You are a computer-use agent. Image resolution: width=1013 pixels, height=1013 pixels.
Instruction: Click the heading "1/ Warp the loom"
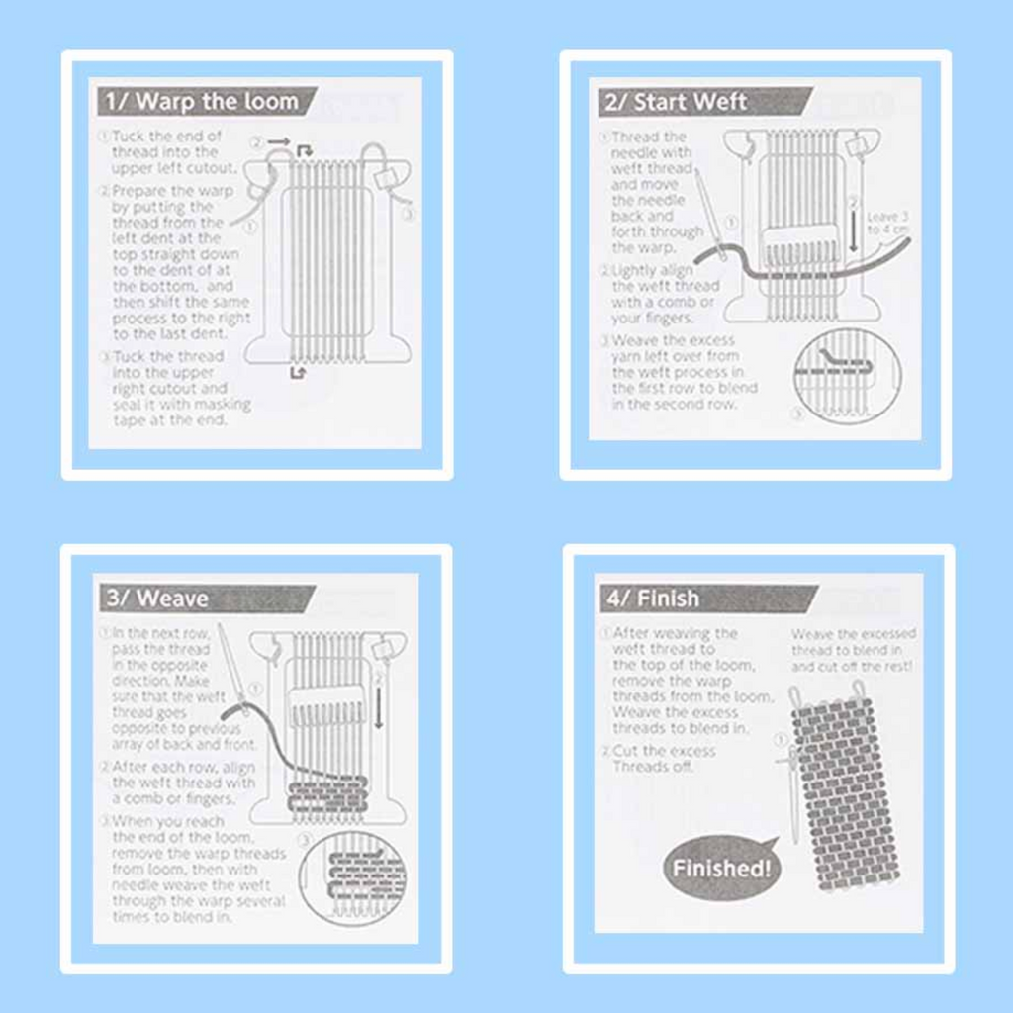click(216, 102)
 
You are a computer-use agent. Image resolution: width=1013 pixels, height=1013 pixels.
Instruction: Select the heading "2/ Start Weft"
click(690, 102)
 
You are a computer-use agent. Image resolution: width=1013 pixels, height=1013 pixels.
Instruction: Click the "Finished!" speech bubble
click(721, 868)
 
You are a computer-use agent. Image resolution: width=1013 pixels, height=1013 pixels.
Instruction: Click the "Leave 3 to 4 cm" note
click(887, 223)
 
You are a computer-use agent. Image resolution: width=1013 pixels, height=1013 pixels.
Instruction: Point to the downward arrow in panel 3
click(378, 702)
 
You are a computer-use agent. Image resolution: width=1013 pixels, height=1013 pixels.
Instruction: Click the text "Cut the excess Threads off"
click(665, 759)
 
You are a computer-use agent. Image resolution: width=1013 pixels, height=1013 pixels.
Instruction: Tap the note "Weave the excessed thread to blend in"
click(853, 650)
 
